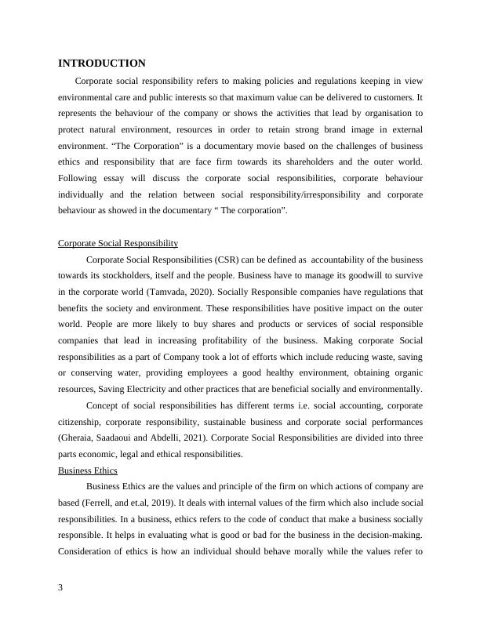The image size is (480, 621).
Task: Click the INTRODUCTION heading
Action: [102, 63]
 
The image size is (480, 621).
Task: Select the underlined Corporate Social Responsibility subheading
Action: [118, 243]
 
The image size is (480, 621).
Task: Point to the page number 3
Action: [61, 590]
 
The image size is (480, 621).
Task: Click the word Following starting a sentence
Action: [79, 178]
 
